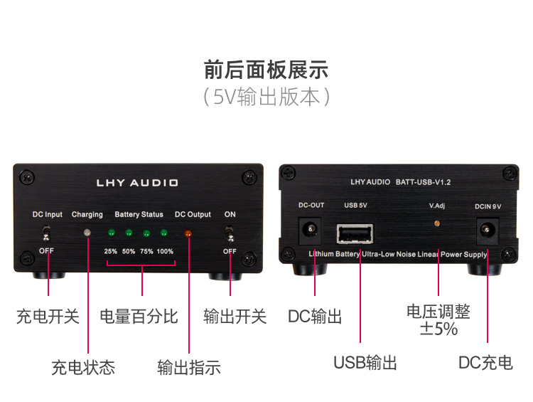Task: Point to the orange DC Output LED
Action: (x=188, y=233)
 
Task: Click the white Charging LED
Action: (x=87, y=233)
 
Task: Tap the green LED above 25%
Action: (x=111, y=233)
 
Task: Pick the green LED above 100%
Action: (x=163, y=233)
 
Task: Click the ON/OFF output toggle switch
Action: (x=230, y=233)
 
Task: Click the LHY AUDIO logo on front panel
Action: (x=137, y=183)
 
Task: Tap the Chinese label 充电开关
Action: (x=48, y=316)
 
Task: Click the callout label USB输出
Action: (x=365, y=363)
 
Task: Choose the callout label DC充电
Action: (x=485, y=363)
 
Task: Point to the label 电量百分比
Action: (x=139, y=316)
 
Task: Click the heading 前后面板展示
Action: (x=266, y=70)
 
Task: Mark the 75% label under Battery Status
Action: (x=146, y=251)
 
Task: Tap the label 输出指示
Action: (x=189, y=367)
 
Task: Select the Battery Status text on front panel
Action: (x=139, y=214)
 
